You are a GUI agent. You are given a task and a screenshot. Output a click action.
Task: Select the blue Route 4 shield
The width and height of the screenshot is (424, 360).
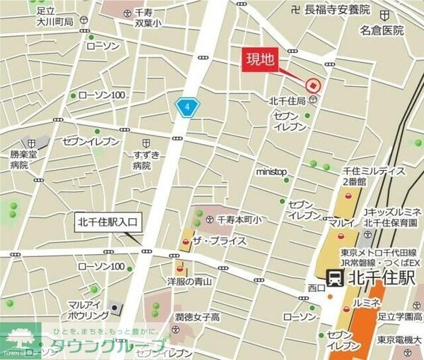pyautogui.click(x=187, y=107)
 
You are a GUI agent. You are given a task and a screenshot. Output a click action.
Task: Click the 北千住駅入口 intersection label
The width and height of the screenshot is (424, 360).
pyautogui.click(x=109, y=222)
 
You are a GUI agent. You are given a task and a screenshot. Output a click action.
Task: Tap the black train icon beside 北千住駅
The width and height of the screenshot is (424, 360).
pyautogui.click(x=334, y=277)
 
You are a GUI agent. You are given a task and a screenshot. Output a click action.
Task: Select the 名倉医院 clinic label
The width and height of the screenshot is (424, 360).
pyautogui.click(x=381, y=30)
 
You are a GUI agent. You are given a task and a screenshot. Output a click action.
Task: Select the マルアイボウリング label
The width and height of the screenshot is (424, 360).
pyautogui.click(x=88, y=309)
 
